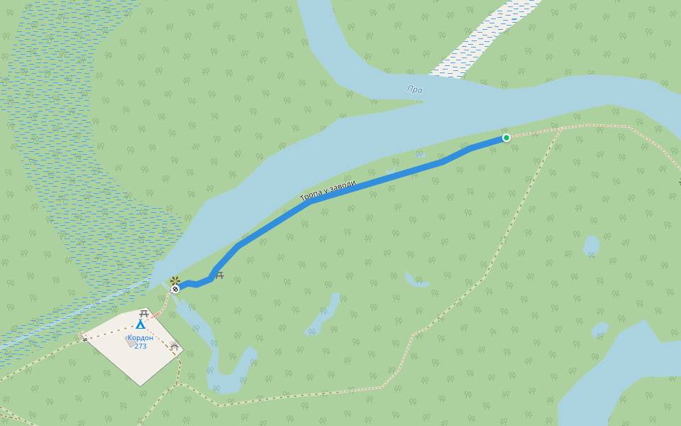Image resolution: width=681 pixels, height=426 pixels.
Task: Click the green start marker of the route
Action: [506, 138]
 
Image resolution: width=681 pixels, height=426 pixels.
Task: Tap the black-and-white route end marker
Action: [175, 289]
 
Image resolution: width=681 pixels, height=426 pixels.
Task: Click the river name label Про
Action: [415, 89]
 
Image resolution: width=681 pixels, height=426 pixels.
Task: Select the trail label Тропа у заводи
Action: [328, 191]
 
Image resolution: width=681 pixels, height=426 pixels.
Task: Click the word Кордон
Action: [140, 338]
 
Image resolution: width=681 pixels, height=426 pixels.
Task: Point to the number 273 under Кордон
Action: [140, 346]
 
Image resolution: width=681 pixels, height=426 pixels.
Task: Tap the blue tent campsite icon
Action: [140, 324]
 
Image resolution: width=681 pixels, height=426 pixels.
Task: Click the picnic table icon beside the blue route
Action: [220, 275]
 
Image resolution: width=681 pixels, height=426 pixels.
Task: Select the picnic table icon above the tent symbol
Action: [144, 313]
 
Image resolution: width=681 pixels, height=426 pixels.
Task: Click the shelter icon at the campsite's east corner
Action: [174, 346]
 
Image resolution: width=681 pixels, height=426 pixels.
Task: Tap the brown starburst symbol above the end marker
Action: [175, 280]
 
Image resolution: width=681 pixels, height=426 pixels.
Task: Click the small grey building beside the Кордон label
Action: [129, 341]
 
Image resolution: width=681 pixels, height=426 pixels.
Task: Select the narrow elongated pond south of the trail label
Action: [324, 315]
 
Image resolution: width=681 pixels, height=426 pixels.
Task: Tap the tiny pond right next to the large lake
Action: [600, 330]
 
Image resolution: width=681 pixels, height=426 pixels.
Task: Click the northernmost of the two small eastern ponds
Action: [591, 246]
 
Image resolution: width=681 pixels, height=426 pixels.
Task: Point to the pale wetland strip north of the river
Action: [482, 35]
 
